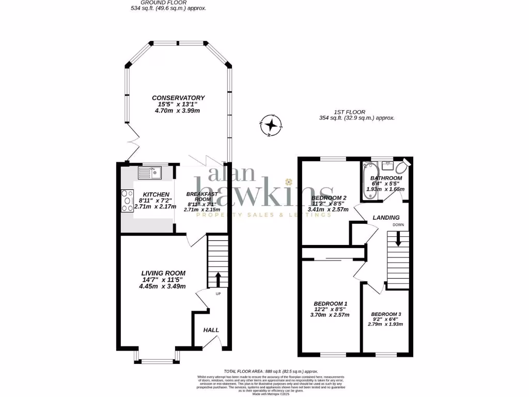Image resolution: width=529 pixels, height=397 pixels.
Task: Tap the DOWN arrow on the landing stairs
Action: point(398,238)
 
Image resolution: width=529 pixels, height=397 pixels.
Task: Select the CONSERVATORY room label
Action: point(178,98)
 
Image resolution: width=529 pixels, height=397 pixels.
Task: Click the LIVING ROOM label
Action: point(163,273)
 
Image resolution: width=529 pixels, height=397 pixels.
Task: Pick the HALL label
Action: point(211,330)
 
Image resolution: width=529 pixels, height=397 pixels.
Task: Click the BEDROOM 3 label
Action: point(386,314)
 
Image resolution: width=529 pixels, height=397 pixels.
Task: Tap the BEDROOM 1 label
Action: point(331,303)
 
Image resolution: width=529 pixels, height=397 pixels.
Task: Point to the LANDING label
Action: point(386,218)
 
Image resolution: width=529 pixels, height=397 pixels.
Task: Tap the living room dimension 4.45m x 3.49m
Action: point(162,286)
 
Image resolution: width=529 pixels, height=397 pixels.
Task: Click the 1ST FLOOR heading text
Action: point(349,112)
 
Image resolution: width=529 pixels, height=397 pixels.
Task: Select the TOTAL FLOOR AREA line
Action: point(271,372)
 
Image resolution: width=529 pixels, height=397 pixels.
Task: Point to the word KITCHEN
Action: point(149,194)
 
